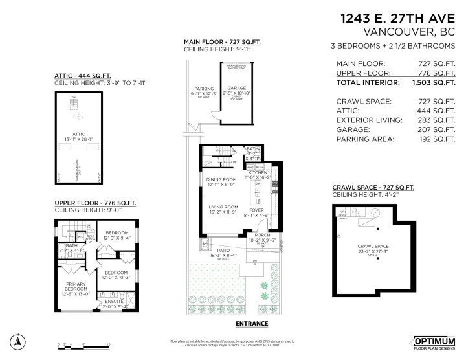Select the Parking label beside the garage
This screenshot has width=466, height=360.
tap(204, 89)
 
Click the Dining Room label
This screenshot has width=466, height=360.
tap(221, 179)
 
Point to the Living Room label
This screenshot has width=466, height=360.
tap(222, 207)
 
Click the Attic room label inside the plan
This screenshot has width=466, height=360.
tap(79, 134)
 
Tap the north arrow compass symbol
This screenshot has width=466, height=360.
tap(19, 341)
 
